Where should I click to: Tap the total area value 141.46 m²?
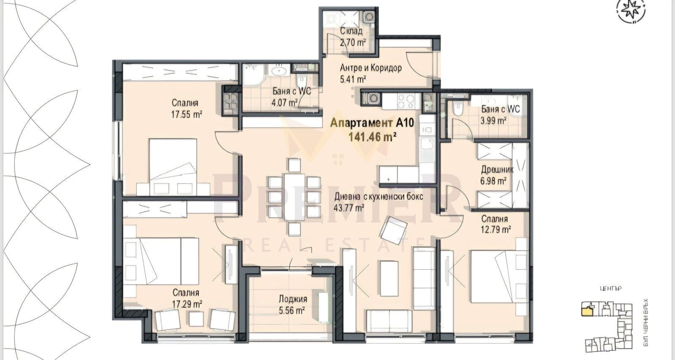(x=373, y=136)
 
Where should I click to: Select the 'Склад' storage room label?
(x=351, y=31)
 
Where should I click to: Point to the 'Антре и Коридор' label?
(x=370, y=68)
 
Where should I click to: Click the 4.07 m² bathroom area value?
(x=285, y=102)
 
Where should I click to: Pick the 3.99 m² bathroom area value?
(x=494, y=121)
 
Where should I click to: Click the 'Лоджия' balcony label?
(x=292, y=299)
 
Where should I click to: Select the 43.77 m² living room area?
(x=349, y=208)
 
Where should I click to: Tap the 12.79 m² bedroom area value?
(x=497, y=230)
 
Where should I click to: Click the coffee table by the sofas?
(x=389, y=279)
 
